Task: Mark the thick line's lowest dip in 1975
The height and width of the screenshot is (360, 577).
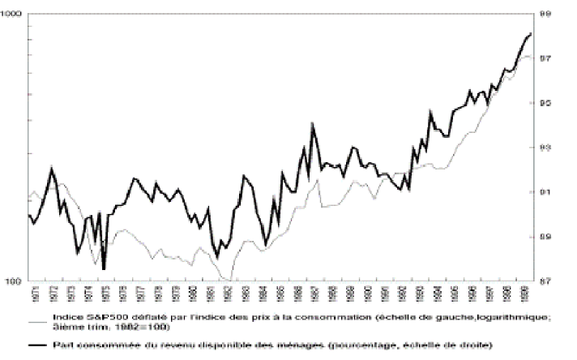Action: pos(104,268)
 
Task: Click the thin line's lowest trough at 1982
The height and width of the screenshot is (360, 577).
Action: pos(231,280)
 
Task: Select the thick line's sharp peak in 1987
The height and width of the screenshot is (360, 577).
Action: pos(313,123)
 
